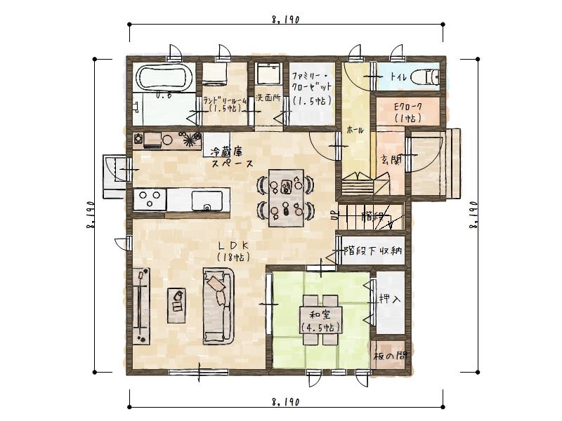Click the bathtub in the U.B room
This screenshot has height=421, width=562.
tap(163, 77)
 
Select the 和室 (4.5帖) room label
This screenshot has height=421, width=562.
tap(320, 321)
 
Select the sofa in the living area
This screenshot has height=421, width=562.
tap(218, 305)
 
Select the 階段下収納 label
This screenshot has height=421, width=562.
tap(372, 250)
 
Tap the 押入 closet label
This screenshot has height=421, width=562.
tap(390, 299)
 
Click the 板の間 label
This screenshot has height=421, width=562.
tap(390, 355)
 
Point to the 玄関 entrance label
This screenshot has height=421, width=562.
tap(391, 161)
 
